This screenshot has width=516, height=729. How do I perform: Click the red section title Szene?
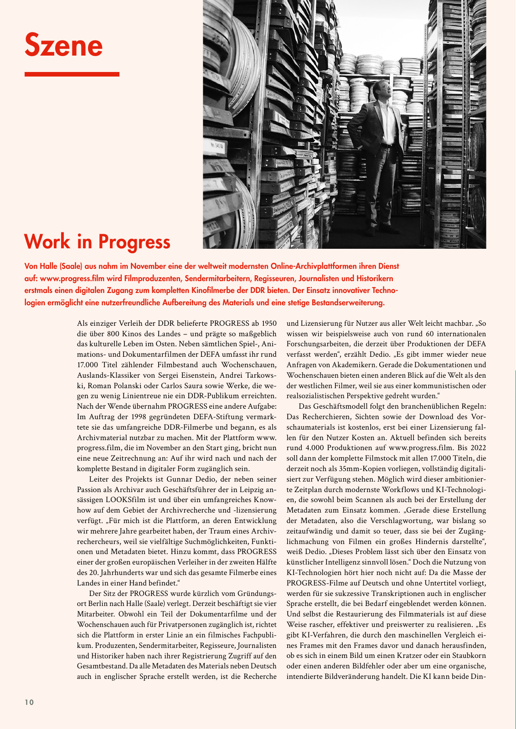point(63,45)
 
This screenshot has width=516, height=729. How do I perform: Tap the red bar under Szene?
point(72,74)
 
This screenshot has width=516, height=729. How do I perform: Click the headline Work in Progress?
point(97,241)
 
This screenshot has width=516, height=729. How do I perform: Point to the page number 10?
point(29,702)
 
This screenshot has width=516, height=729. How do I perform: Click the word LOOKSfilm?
point(126,500)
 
